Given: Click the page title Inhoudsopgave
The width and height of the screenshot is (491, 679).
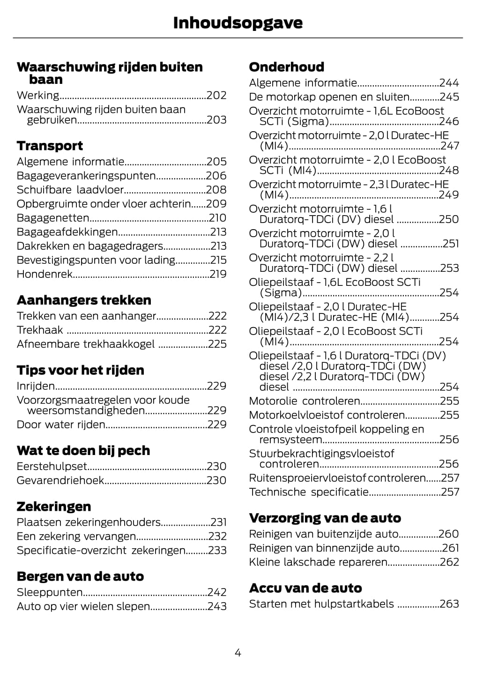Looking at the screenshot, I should point(238,22).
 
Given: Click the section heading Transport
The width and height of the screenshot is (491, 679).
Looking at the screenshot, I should point(50,146).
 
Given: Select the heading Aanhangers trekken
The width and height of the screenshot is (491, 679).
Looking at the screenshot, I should point(84,300).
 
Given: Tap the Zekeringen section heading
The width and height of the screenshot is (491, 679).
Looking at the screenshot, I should point(54,506).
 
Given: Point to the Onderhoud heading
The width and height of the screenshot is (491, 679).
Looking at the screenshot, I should point(286,67).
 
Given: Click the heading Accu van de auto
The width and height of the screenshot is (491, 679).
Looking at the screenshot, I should point(305,588).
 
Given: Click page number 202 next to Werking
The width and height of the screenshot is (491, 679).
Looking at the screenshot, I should point(216,96).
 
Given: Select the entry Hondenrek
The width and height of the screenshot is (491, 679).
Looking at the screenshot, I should point(45,274).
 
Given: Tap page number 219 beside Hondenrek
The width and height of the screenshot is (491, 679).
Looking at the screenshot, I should point(218,274).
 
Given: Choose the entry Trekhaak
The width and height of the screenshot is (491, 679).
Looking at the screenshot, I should point(40,330).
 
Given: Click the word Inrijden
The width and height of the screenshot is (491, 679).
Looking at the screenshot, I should point(36,386).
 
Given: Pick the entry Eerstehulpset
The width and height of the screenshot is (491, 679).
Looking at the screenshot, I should point(52,466).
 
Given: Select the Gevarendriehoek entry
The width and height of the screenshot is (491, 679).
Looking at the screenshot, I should point(60,480).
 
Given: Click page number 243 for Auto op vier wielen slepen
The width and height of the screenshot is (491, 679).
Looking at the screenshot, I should point(217,606).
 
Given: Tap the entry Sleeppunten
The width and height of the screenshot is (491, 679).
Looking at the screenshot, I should point(50,592).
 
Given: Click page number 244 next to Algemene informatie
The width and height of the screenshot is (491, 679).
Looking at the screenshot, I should point(449,83).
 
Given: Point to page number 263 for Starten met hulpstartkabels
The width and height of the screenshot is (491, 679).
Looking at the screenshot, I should point(449,604).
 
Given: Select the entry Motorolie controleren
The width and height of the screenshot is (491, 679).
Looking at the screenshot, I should point(304,401).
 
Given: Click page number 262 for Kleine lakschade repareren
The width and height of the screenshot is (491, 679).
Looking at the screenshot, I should point(449,562).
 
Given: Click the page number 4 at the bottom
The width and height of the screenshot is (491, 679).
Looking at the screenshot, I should point(238,653).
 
